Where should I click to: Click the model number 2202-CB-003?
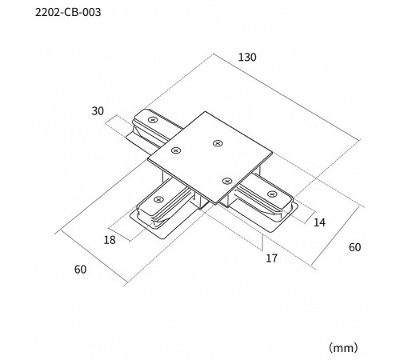68,12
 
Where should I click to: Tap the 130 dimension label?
247,58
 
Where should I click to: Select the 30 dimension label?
98,111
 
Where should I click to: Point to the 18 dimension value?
110,240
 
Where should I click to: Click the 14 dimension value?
319,222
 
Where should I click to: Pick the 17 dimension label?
271,258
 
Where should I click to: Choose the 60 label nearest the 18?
80,270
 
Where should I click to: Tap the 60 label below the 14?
355,247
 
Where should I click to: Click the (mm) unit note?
343,348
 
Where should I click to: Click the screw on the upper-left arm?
153,120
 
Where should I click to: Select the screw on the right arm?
271,194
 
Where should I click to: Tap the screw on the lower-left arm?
158,199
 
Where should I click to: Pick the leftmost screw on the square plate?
176,150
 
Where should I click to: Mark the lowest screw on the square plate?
226,182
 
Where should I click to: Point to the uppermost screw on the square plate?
218,143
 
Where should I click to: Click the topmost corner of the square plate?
206,111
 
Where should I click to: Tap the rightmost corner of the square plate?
273,153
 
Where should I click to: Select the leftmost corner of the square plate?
148,160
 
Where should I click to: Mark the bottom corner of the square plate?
215,204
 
